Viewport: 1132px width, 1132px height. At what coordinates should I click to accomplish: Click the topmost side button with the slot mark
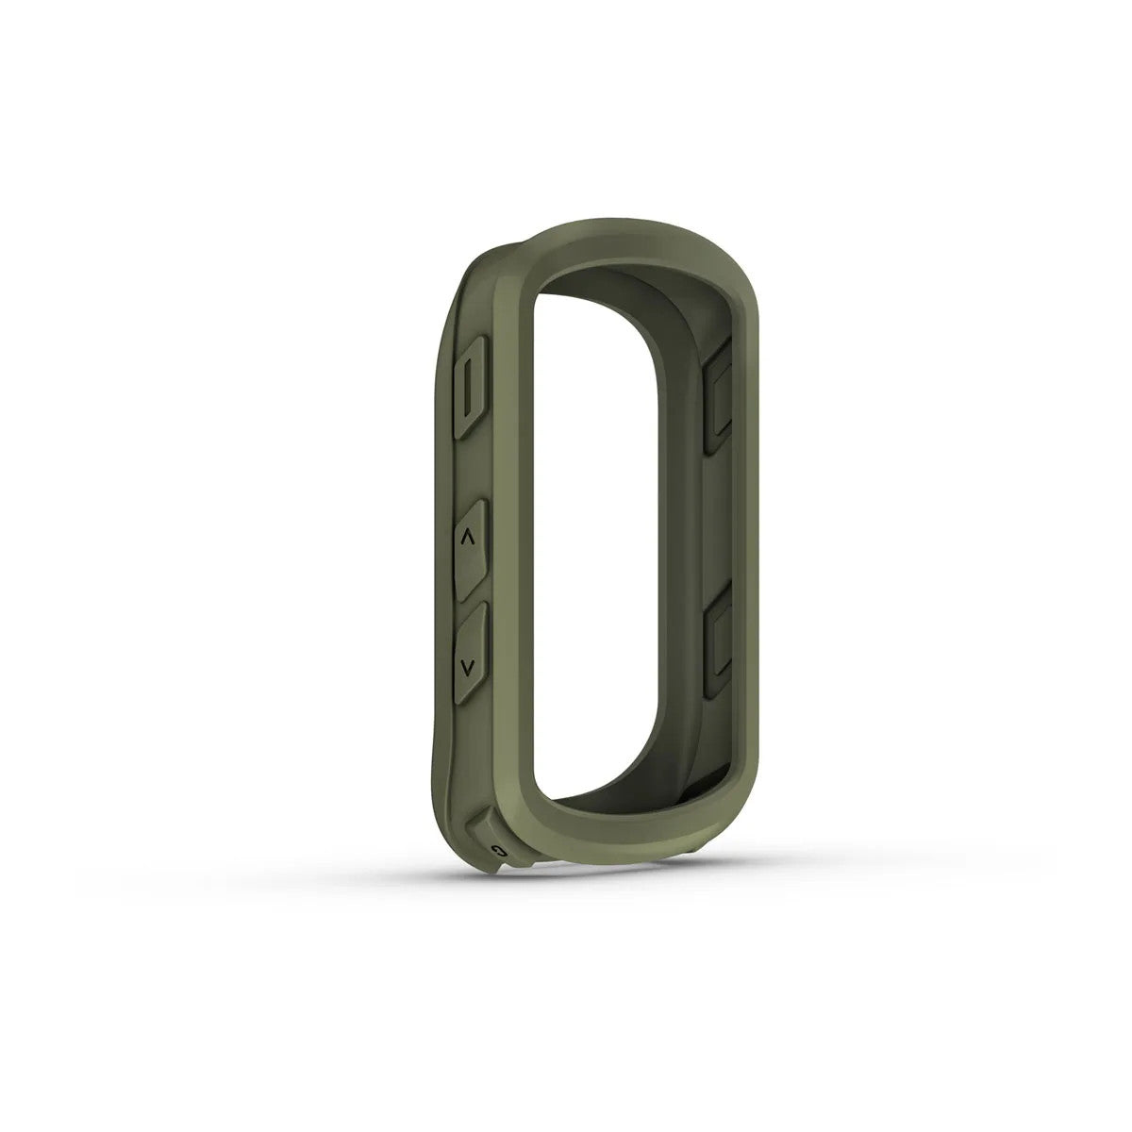pyautogui.click(x=470, y=388)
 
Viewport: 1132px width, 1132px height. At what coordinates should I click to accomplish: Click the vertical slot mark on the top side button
pyautogui.click(x=471, y=388)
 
